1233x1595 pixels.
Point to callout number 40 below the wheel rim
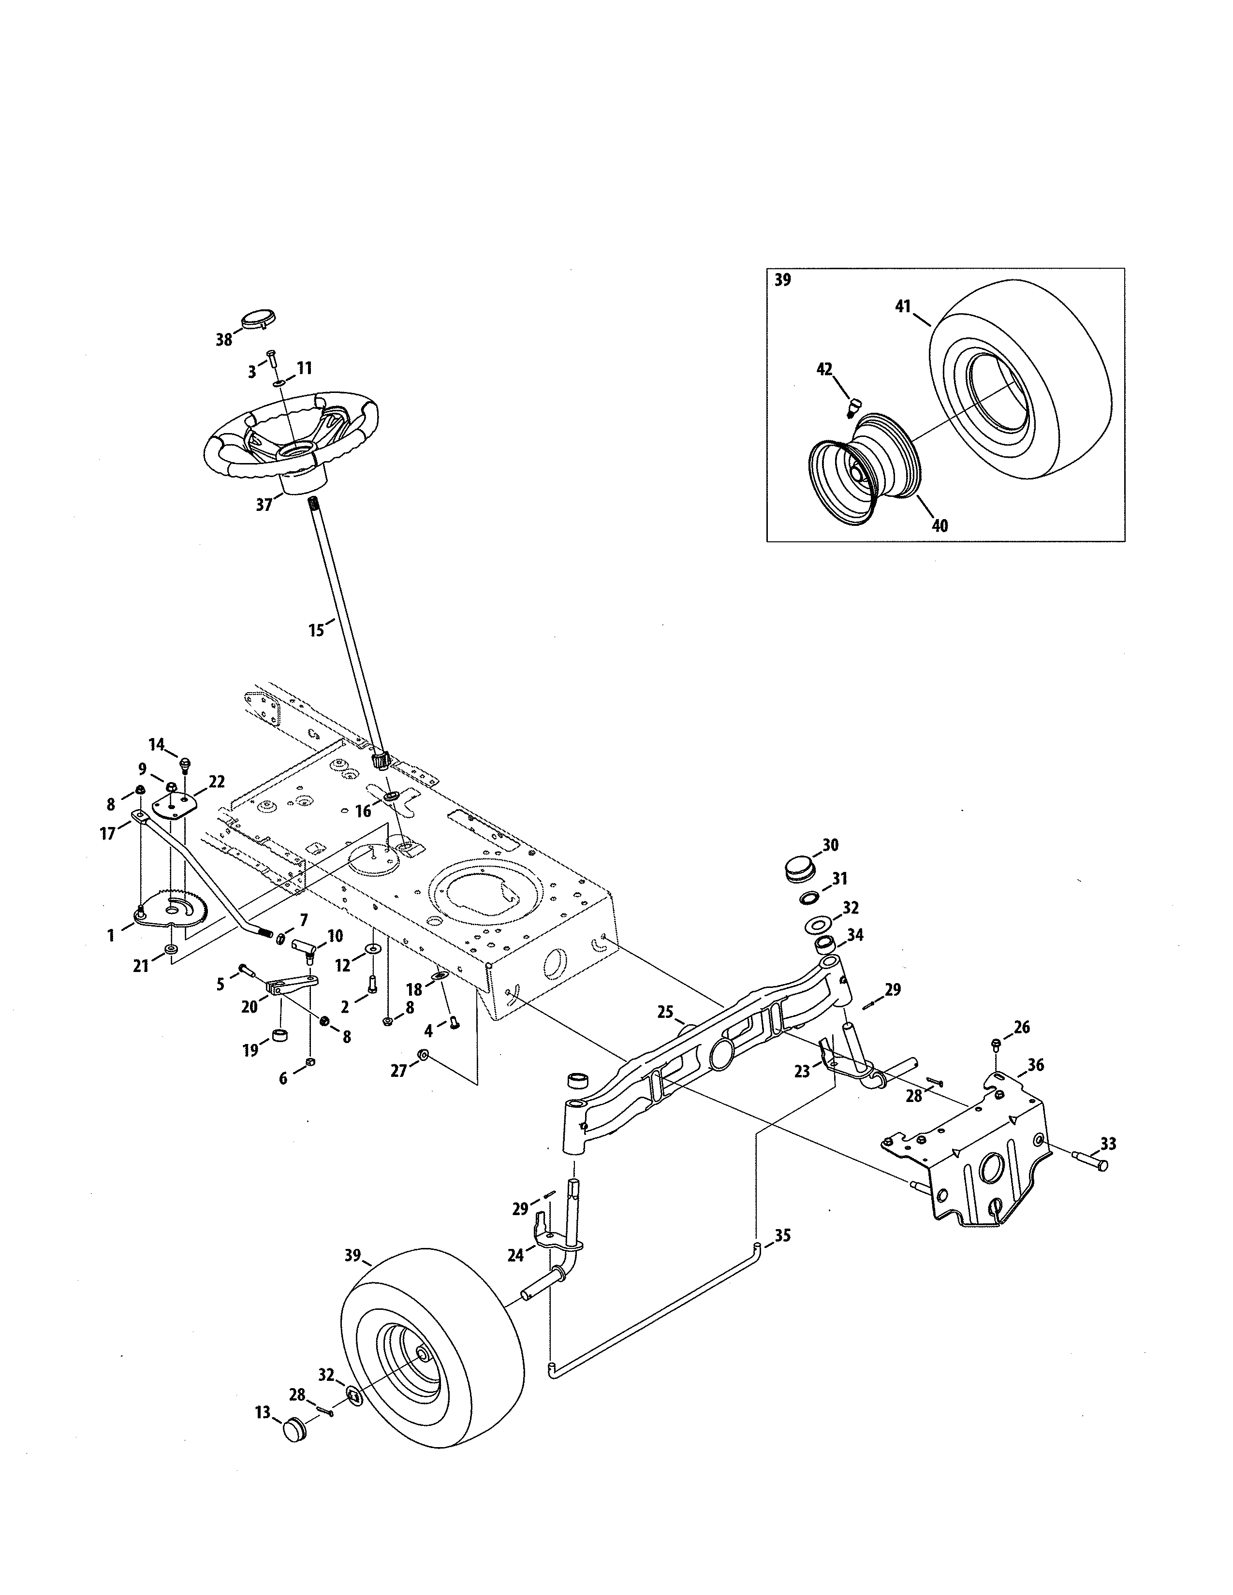pos(940,525)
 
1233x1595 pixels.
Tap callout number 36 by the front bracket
pos(1035,1066)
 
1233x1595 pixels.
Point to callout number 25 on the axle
pos(665,1012)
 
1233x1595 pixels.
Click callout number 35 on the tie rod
pos(782,1236)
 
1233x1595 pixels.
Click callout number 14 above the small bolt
pos(156,744)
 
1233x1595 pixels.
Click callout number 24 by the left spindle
pos(516,1255)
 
